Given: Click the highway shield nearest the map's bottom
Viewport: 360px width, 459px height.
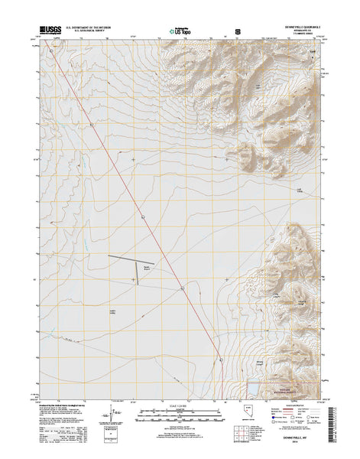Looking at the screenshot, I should [220, 360].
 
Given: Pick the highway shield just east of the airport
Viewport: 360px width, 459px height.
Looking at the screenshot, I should [182, 289].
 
